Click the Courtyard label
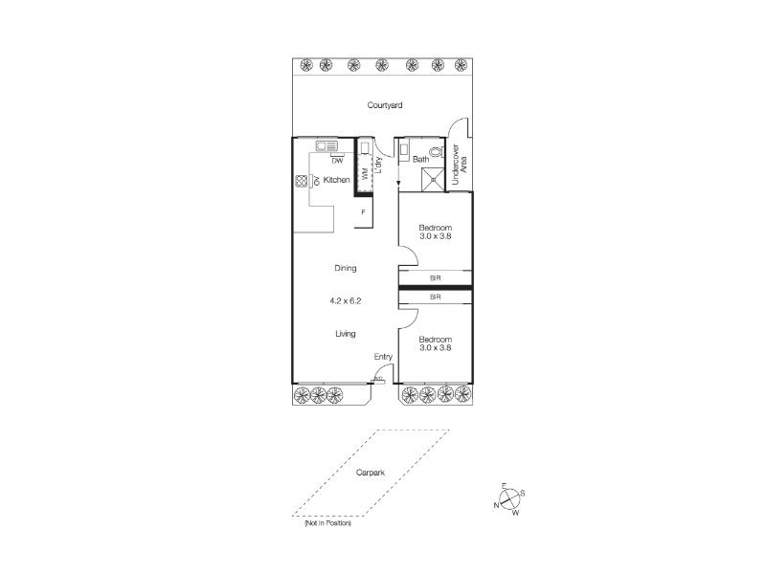click(385, 105)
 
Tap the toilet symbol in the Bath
click(436, 152)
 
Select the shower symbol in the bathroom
click(434, 179)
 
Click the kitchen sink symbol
click(327, 146)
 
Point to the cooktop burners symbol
click(301, 181)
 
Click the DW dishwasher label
click(337, 161)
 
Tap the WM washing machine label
click(365, 173)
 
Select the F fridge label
click(363, 212)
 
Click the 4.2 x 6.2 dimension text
click(346, 301)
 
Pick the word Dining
click(346, 268)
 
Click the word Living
click(346, 334)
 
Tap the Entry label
click(383, 357)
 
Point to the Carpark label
click(371, 473)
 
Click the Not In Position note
click(327, 523)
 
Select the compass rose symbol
click(509, 499)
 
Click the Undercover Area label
click(460, 165)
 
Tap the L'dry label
click(378, 165)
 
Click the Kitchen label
click(337, 180)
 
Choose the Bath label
click(420, 159)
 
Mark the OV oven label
click(317, 181)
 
